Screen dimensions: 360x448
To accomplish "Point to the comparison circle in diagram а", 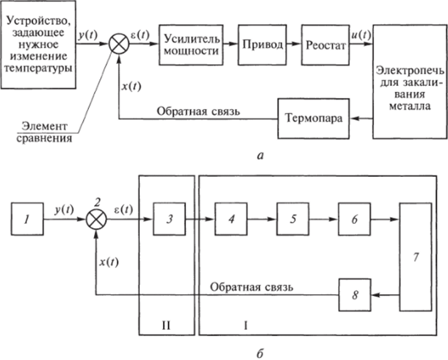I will point(118,45).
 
